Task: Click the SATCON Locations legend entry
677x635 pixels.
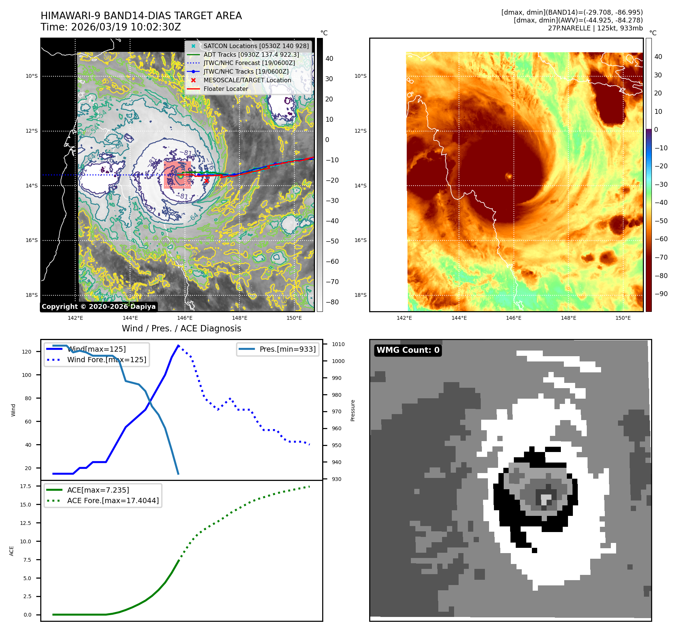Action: pyautogui.click(x=256, y=46)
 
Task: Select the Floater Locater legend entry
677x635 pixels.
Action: pyautogui.click(x=226, y=89)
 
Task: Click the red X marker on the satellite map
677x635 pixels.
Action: pyautogui.click(x=206, y=181)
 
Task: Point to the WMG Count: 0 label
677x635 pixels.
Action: pyautogui.click(x=408, y=350)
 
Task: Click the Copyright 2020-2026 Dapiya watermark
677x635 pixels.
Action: pyautogui.click(x=98, y=307)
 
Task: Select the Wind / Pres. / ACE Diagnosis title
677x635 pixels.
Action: pyautogui.click(x=181, y=328)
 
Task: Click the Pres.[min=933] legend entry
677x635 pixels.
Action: pyautogui.click(x=287, y=349)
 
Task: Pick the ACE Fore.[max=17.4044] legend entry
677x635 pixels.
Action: pyautogui.click(x=113, y=500)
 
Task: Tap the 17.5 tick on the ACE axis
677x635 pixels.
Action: pyautogui.click(x=26, y=486)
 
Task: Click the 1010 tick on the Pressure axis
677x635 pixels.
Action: pyautogui.click(x=338, y=344)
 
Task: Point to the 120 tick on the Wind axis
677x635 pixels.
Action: pyautogui.click(x=27, y=352)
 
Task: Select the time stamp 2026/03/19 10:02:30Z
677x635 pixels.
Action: pyautogui.click(x=126, y=27)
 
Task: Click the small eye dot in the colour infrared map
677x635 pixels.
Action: pyautogui.click(x=509, y=176)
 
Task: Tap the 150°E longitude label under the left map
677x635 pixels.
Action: pyautogui.click(x=294, y=318)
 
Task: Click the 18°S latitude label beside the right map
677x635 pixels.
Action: pyautogui.click(x=360, y=295)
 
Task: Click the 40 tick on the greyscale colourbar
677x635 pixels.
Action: pyautogui.click(x=329, y=58)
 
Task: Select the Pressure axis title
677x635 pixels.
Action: pyautogui.click(x=353, y=410)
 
